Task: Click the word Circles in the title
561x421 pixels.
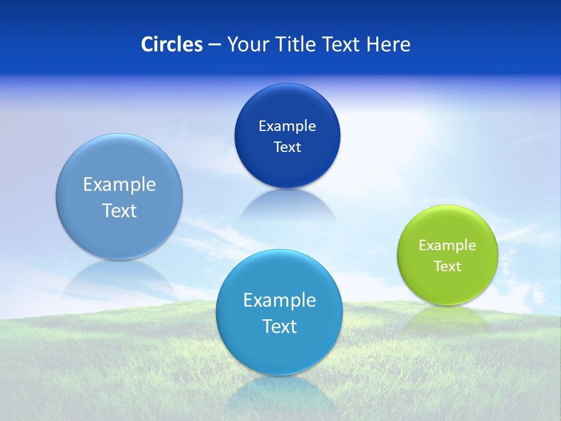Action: click(171, 44)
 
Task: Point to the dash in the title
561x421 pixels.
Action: click(214, 45)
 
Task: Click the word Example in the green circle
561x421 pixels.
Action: click(447, 246)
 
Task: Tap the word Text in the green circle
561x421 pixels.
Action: click(448, 267)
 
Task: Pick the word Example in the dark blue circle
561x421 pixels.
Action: click(287, 126)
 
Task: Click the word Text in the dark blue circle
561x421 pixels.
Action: click(287, 147)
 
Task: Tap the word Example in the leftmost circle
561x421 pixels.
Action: click(119, 185)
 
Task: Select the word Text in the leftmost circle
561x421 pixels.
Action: click(119, 210)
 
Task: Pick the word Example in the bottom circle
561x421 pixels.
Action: click(279, 301)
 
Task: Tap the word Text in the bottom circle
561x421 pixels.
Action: click(279, 326)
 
